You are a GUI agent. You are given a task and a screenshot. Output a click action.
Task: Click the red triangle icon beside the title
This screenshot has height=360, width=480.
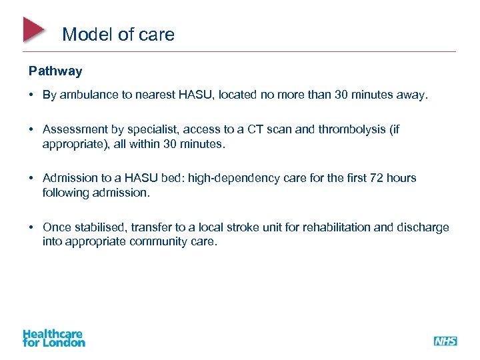pos(33,29)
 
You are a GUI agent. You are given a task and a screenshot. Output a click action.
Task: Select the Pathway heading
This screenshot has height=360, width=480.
pos(55,70)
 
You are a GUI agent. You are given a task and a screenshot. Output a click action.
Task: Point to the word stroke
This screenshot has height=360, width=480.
pos(241,227)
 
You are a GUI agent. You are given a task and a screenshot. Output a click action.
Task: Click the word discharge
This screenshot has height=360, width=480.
pos(423,227)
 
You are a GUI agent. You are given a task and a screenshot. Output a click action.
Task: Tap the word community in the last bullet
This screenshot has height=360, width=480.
pos(155,241)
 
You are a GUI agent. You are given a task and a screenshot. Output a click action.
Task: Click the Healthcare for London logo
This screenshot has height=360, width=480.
pos(54,338)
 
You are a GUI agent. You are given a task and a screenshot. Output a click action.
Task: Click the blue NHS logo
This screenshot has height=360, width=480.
pos(445,341)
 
